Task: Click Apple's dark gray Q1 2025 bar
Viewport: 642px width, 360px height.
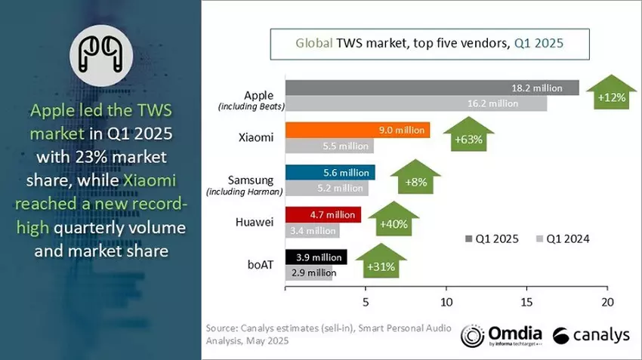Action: pyautogui.click(x=431, y=88)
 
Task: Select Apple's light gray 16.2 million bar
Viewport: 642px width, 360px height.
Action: pyautogui.click(x=415, y=104)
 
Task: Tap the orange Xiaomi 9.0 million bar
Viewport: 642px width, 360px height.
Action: pyautogui.click(x=356, y=130)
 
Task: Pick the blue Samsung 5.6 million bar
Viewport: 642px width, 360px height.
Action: pyautogui.click(x=329, y=172)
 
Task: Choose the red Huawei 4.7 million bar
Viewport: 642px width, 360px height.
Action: pyautogui.click(x=323, y=215)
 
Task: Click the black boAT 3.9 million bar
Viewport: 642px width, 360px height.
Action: pyautogui.click(x=316, y=257)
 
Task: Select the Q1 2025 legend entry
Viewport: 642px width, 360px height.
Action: pyautogui.click(x=491, y=239)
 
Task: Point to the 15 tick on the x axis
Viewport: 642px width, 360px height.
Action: pyautogui.click(x=526, y=302)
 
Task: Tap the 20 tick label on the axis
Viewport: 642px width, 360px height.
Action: pyautogui.click(x=607, y=302)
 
